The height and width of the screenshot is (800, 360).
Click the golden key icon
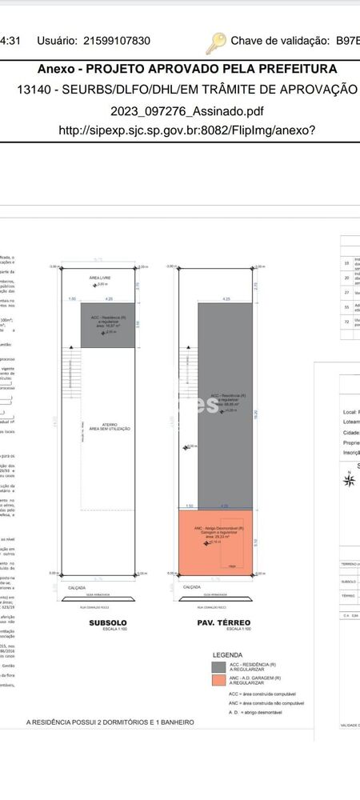coord(216,42)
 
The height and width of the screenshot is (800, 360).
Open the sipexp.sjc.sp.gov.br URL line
coord(187,130)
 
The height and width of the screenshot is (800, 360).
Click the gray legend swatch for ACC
coord(218,667)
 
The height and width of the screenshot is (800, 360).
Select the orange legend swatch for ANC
coord(218,681)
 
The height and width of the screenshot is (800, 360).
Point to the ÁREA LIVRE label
coord(100,278)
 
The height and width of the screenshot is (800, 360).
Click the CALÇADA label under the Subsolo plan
coord(77,587)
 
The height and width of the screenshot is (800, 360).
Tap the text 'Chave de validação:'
coord(280,41)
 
